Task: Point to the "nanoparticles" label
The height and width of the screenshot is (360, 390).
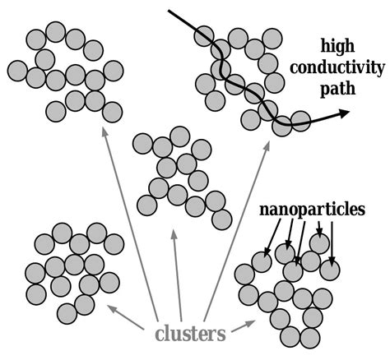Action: tap(312, 210)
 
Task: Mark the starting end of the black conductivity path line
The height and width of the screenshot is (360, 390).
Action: tap(169, 11)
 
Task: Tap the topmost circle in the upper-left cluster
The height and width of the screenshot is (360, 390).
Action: tap(55, 32)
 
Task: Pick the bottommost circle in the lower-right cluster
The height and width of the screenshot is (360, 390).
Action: tap(309, 338)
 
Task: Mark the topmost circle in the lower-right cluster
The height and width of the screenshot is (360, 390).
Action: tap(319, 243)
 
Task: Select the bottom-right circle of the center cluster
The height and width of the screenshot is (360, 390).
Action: tap(221, 219)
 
